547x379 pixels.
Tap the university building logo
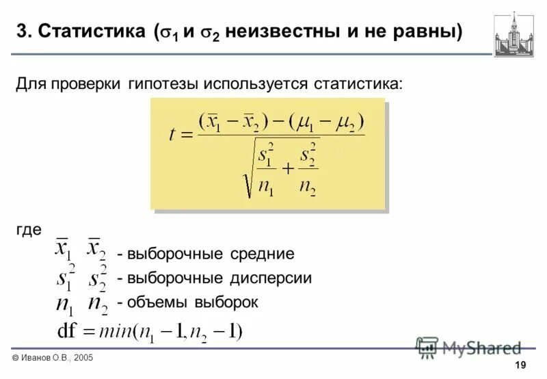tap(514, 34)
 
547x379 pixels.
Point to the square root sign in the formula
tap(246, 174)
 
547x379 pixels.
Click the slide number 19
tap(522, 363)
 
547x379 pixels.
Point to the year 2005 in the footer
tap(81, 358)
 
